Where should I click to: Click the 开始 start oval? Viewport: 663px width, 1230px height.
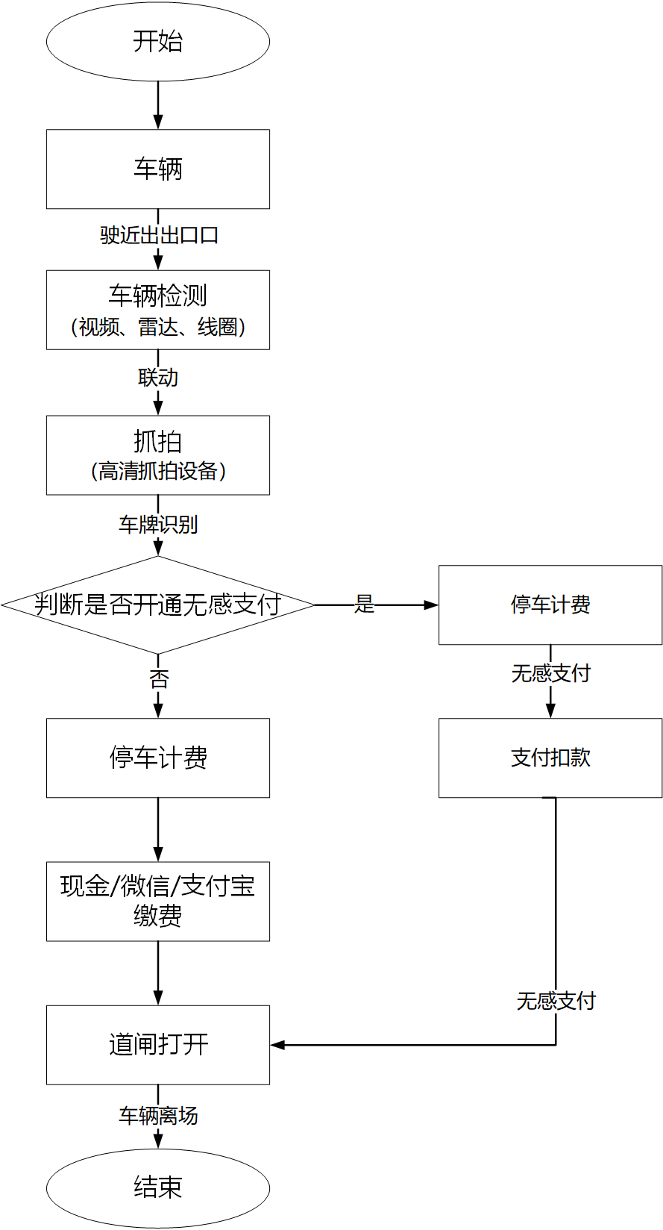pyautogui.click(x=157, y=42)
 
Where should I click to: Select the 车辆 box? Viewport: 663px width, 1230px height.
pyautogui.click(x=157, y=169)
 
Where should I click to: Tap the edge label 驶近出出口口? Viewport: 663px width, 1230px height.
pyautogui.click(x=159, y=235)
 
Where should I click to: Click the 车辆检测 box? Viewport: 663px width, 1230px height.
pyautogui.click(x=157, y=310)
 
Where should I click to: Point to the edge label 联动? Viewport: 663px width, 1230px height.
pyautogui.click(x=158, y=378)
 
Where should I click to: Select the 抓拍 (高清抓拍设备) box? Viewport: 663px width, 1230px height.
pyautogui.click(x=157, y=455)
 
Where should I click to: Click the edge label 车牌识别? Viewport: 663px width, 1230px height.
pyautogui.click(x=158, y=525)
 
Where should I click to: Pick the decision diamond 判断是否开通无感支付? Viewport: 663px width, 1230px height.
pyautogui.click(x=157, y=605)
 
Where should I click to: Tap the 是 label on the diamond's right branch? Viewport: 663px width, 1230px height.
pyautogui.click(x=364, y=605)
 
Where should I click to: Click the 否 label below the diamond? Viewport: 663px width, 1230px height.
pyautogui.click(x=159, y=679)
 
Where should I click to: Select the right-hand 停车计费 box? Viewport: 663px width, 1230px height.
pyautogui.click(x=550, y=605)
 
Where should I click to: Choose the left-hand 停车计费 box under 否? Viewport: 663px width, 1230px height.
pyautogui.click(x=157, y=758)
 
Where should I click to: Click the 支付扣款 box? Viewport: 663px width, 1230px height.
pyautogui.click(x=550, y=758)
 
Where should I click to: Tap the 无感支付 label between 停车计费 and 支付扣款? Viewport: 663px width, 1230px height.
pyautogui.click(x=550, y=674)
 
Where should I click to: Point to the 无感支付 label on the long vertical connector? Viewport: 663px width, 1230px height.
pyautogui.click(x=556, y=1001)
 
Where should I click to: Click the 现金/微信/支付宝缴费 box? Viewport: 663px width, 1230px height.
pyautogui.click(x=157, y=901)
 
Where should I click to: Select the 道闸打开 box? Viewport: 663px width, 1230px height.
pyautogui.click(x=157, y=1045)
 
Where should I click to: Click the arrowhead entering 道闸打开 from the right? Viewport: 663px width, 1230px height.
pyautogui.click(x=277, y=1045)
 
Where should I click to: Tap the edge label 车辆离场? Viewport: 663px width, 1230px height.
pyautogui.click(x=158, y=1116)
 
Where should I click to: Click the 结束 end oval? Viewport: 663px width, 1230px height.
pyautogui.click(x=157, y=1187)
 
